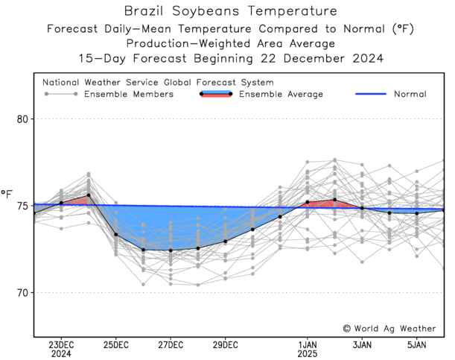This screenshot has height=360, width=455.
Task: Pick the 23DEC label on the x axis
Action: pyautogui.click(x=61, y=344)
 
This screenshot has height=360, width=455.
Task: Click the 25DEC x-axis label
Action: pyautogui.click(x=116, y=344)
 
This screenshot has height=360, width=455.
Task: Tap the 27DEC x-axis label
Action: pyautogui.click(x=171, y=344)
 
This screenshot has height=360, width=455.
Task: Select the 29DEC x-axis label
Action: pyautogui.click(x=226, y=344)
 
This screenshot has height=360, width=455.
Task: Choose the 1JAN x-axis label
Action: pyautogui.click(x=308, y=344)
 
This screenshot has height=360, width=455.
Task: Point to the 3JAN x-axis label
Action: pyautogui.click(x=362, y=344)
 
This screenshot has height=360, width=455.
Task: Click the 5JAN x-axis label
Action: pyautogui.click(x=417, y=344)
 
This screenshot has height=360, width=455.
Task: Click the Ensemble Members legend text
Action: pyautogui.click(x=129, y=95)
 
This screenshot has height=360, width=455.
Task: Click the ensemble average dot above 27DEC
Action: pyautogui.click(x=171, y=250)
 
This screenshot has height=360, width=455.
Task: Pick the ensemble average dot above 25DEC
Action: pyautogui.click(x=116, y=235)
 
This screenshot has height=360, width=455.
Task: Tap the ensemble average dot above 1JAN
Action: pyautogui.click(x=308, y=202)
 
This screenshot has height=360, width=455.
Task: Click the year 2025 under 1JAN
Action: pyautogui.click(x=308, y=354)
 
